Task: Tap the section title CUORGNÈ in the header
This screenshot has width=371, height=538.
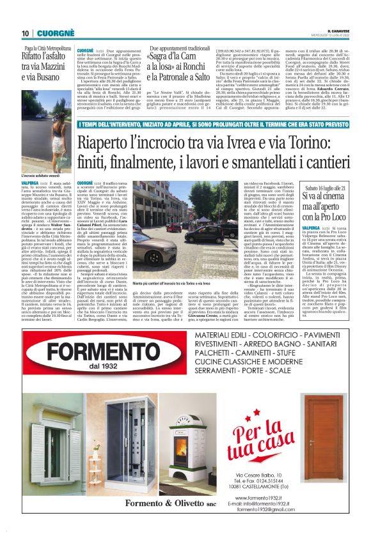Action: coord(56,33)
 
